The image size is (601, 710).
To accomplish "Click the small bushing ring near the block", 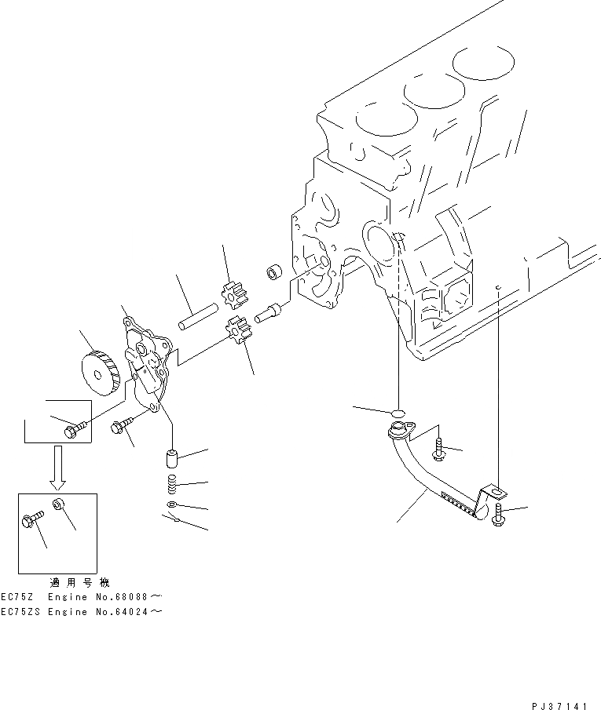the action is click(x=273, y=271).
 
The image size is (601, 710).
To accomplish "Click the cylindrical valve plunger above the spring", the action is click(x=170, y=458).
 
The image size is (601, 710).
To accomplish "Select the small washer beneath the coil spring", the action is click(x=171, y=505).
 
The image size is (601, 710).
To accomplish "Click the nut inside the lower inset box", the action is click(x=58, y=504).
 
